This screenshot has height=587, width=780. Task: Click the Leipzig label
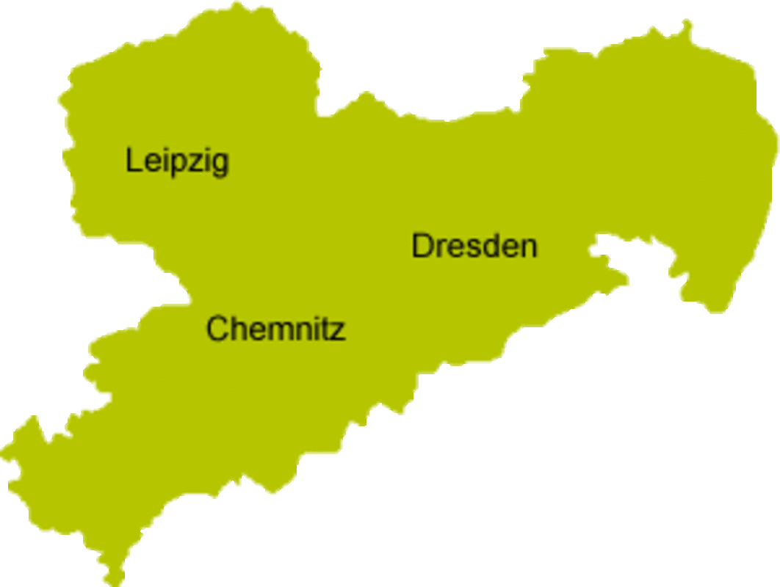[177, 161]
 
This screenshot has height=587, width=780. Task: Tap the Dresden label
[474, 247]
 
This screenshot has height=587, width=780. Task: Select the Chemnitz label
[275, 329]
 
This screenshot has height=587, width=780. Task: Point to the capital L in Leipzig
[133, 160]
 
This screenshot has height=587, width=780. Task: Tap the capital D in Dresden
[422, 246]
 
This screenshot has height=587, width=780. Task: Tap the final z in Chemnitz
[337, 332]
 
